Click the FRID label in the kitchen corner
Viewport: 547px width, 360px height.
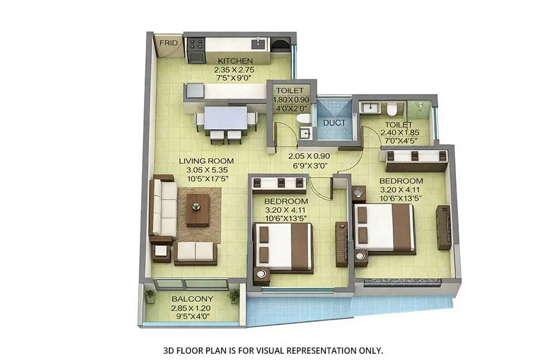pyautogui.click(x=168, y=43)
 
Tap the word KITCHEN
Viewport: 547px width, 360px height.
pyautogui.click(x=234, y=60)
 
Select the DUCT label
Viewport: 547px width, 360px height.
pyautogui.click(x=334, y=123)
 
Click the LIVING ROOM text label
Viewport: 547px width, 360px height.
pyautogui.click(x=206, y=161)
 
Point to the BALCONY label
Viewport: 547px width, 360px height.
pyautogui.click(x=192, y=299)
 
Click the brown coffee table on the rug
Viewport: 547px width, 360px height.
pyautogui.click(x=197, y=209)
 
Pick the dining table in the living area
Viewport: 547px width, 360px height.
pyautogui.click(x=225, y=119)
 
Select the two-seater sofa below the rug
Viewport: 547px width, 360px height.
pyautogui.click(x=195, y=252)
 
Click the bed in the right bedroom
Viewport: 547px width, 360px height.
pyautogui.click(x=385, y=228)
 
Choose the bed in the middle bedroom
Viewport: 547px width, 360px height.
pyautogui.click(x=283, y=247)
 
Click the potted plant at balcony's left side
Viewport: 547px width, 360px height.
pyautogui.click(x=150, y=296)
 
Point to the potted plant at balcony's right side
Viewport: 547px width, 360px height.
pyautogui.click(x=233, y=296)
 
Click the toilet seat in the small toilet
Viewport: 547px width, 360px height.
pyautogui.click(x=303, y=119)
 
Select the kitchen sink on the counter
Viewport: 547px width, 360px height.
pyautogui.click(x=259, y=43)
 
